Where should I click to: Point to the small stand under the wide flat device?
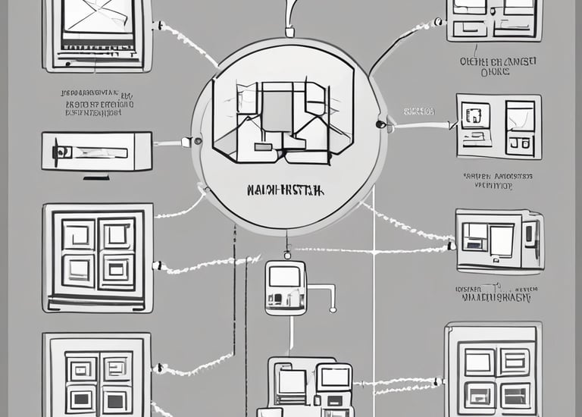coord(96,178)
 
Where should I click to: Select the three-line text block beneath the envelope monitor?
coord(98,103)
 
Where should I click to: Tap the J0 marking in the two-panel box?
coord(519,142)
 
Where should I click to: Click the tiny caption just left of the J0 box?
coord(419,111)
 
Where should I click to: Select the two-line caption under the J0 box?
coord(498,180)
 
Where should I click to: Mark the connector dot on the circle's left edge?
coord(197,141)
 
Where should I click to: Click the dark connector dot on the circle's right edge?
coord(380,124)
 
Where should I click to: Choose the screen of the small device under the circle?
coord(284,276)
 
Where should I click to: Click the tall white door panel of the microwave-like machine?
coord(502,240)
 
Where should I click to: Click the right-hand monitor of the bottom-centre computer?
coord(335,377)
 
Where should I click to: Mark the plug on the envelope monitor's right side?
coord(158,26)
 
